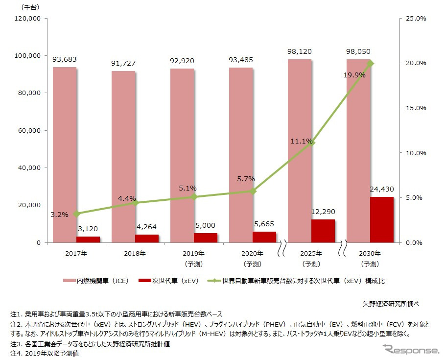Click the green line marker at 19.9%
[371, 63]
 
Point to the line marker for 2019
[194, 197]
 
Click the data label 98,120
[300, 51]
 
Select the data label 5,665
[264, 223]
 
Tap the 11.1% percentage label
[300, 141]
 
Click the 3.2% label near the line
[59, 214]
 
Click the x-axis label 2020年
[253, 253]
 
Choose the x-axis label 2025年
[311, 253]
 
